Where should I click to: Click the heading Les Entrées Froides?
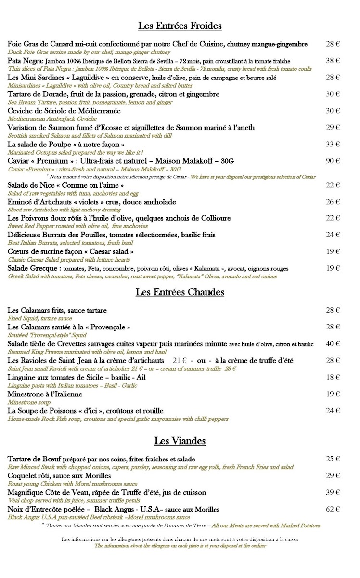(180, 26)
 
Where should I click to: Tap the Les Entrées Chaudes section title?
(180, 292)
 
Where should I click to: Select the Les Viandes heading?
(180, 440)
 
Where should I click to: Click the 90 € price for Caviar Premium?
(333, 161)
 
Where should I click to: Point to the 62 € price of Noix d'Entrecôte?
(333, 509)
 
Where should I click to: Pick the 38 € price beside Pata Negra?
(333, 61)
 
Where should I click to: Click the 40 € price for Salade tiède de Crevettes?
(333, 344)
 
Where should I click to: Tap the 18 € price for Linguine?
(333, 377)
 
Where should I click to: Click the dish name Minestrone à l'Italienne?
(45, 394)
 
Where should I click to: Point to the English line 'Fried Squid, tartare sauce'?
(40, 318)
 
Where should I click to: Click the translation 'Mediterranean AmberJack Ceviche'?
(52, 118)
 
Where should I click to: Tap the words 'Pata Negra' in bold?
(25, 61)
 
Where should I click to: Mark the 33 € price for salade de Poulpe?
(333, 144)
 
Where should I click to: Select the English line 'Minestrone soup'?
(29, 402)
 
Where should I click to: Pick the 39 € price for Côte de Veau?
(333, 492)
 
